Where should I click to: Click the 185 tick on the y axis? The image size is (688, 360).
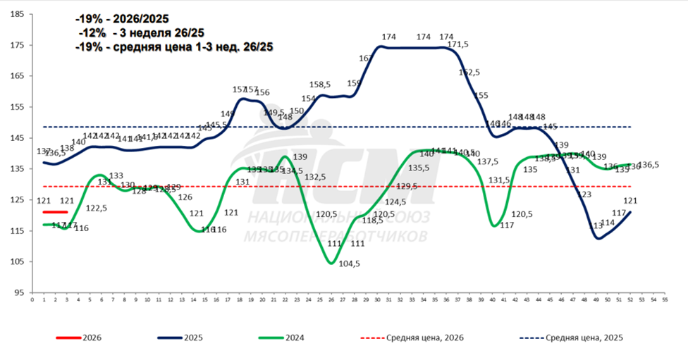pyautogui.click(x=19, y=14)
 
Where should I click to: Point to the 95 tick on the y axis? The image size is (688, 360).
pyautogui.click(x=20, y=292)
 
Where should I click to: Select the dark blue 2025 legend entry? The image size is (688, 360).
pyautogui.click(x=193, y=337)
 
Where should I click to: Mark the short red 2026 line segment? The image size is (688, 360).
pyautogui.click(x=55, y=212)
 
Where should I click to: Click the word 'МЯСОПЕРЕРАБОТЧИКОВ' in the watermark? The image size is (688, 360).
pyautogui.click(x=334, y=236)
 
